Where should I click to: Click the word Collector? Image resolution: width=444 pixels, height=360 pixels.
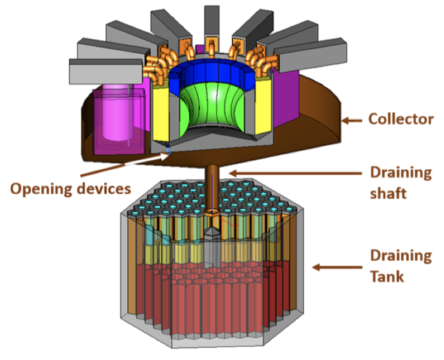[400, 120]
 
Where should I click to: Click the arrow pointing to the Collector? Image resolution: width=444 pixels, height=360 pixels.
[352, 120]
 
